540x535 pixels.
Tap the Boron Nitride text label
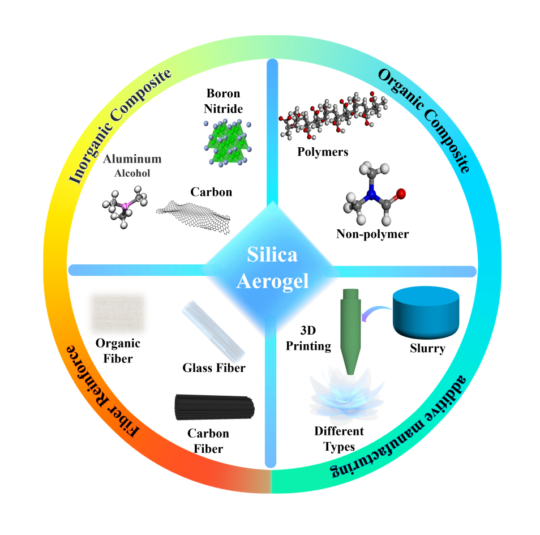pyautogui.click(x=223, y=100)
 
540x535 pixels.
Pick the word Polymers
pyautogui.click(x=323, y=152)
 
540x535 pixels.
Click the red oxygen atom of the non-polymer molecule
pyautogui.click(x=401, y=194)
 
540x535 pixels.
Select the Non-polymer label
pyautogui.click(x=372, y=234)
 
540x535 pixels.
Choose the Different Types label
pyautogui.click(x=339, y=439)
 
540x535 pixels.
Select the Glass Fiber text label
pyautogui.click(x=214, y=368)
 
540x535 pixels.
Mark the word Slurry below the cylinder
pyautogui.click(x=427, y=349)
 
